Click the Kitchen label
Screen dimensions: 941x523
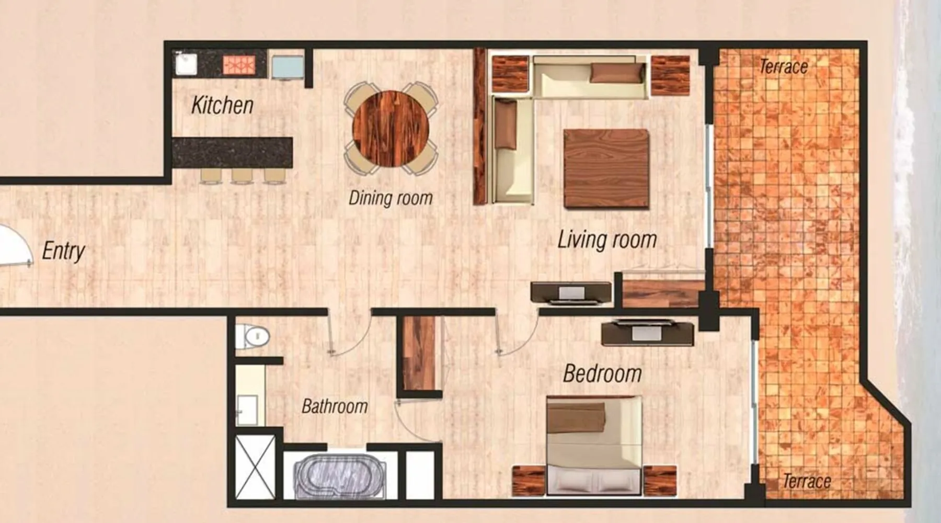(222, 105)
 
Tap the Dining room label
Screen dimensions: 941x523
(391, 198)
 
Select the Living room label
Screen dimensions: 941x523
(607, 240)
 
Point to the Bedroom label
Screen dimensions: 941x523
(602, 373)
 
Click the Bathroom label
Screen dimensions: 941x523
(335, 406)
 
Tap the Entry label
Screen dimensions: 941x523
(63, 251)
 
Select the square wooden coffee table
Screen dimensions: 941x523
(606, 169)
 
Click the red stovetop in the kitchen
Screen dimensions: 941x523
(238, 64)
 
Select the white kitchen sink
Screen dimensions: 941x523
(186, 63)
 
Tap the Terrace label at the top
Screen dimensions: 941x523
(783, 66)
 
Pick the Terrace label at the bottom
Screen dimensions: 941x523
(807, 481)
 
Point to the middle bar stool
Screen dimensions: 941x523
(242, 176)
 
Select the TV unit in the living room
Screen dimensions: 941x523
(571, 292)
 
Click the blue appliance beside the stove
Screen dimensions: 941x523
(287, 67)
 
